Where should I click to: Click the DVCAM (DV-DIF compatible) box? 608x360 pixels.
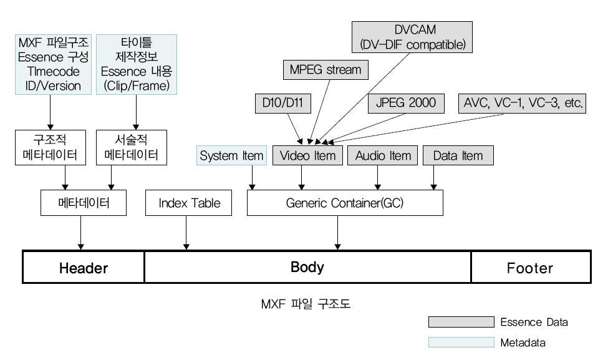(x=412, y=37)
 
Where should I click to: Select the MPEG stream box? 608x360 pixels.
(x=325, y=69)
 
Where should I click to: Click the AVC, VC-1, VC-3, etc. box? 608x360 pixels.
(x=523, y=104)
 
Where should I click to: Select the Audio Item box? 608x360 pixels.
(x=383, y=155)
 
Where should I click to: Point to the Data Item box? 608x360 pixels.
(x=458, y=155)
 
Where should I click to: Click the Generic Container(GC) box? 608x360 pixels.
(x=345, y=203)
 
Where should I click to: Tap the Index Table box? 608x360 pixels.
(x=189, y=203)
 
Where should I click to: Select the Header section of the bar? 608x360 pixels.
(x=84, y=268)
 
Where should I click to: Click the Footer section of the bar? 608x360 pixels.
(x=529, y=268)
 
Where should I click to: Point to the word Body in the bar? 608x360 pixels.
(x=307, y=267)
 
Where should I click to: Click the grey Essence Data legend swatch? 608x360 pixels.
(x=461, y=323)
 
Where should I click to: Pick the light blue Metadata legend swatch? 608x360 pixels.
(x=461, y=343)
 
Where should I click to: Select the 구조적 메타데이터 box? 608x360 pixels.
(x=50, y=147)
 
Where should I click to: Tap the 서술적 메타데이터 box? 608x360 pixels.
(x=132, y=147)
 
